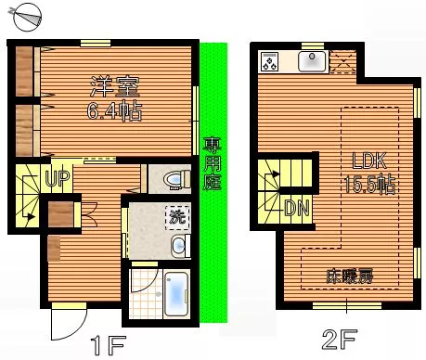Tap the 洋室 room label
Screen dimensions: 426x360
point(115,86)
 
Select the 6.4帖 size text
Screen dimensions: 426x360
point(114,110)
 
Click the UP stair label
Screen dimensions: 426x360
point(58,178)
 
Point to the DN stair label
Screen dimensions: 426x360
point(297,208)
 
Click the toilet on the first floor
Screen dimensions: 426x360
point(176,179)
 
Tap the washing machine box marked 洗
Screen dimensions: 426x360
point(177,217)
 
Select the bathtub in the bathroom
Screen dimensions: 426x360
point(176,294)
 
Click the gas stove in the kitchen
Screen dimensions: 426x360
point(269,61)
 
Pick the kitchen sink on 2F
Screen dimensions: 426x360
point(312,61)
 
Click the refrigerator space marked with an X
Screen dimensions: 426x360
point(342,62)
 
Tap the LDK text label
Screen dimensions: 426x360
point(369,161)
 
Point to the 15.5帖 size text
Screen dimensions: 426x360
point(369,184)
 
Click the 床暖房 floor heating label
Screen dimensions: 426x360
point(350,276)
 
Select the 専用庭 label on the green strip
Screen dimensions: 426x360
point(213,163)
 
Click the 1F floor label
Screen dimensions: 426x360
point(108,345)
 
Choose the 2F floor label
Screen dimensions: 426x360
point(340,339)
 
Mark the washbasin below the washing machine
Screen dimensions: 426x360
point(180,246)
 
